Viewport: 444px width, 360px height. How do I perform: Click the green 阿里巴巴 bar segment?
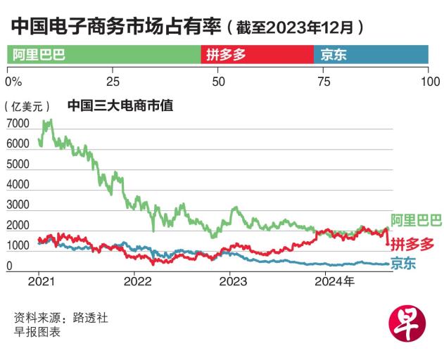point(103,55)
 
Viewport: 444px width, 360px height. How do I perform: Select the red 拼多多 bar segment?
point(257,55)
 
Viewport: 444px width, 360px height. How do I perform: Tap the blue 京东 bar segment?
point(371,55)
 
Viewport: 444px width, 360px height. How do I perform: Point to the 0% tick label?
point(14,82)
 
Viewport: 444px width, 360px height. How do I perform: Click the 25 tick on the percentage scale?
point(113,82)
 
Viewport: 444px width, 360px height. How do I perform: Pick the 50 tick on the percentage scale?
point(218,82)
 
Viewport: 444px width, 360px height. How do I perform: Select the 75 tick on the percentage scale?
point(324,82)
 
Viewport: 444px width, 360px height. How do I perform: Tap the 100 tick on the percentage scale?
point(429,82)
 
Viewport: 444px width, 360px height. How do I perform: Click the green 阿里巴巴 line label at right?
point(416,221)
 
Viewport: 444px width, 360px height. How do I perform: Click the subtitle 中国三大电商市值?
point(120,106)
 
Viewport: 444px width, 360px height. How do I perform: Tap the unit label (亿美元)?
point(28,107)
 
